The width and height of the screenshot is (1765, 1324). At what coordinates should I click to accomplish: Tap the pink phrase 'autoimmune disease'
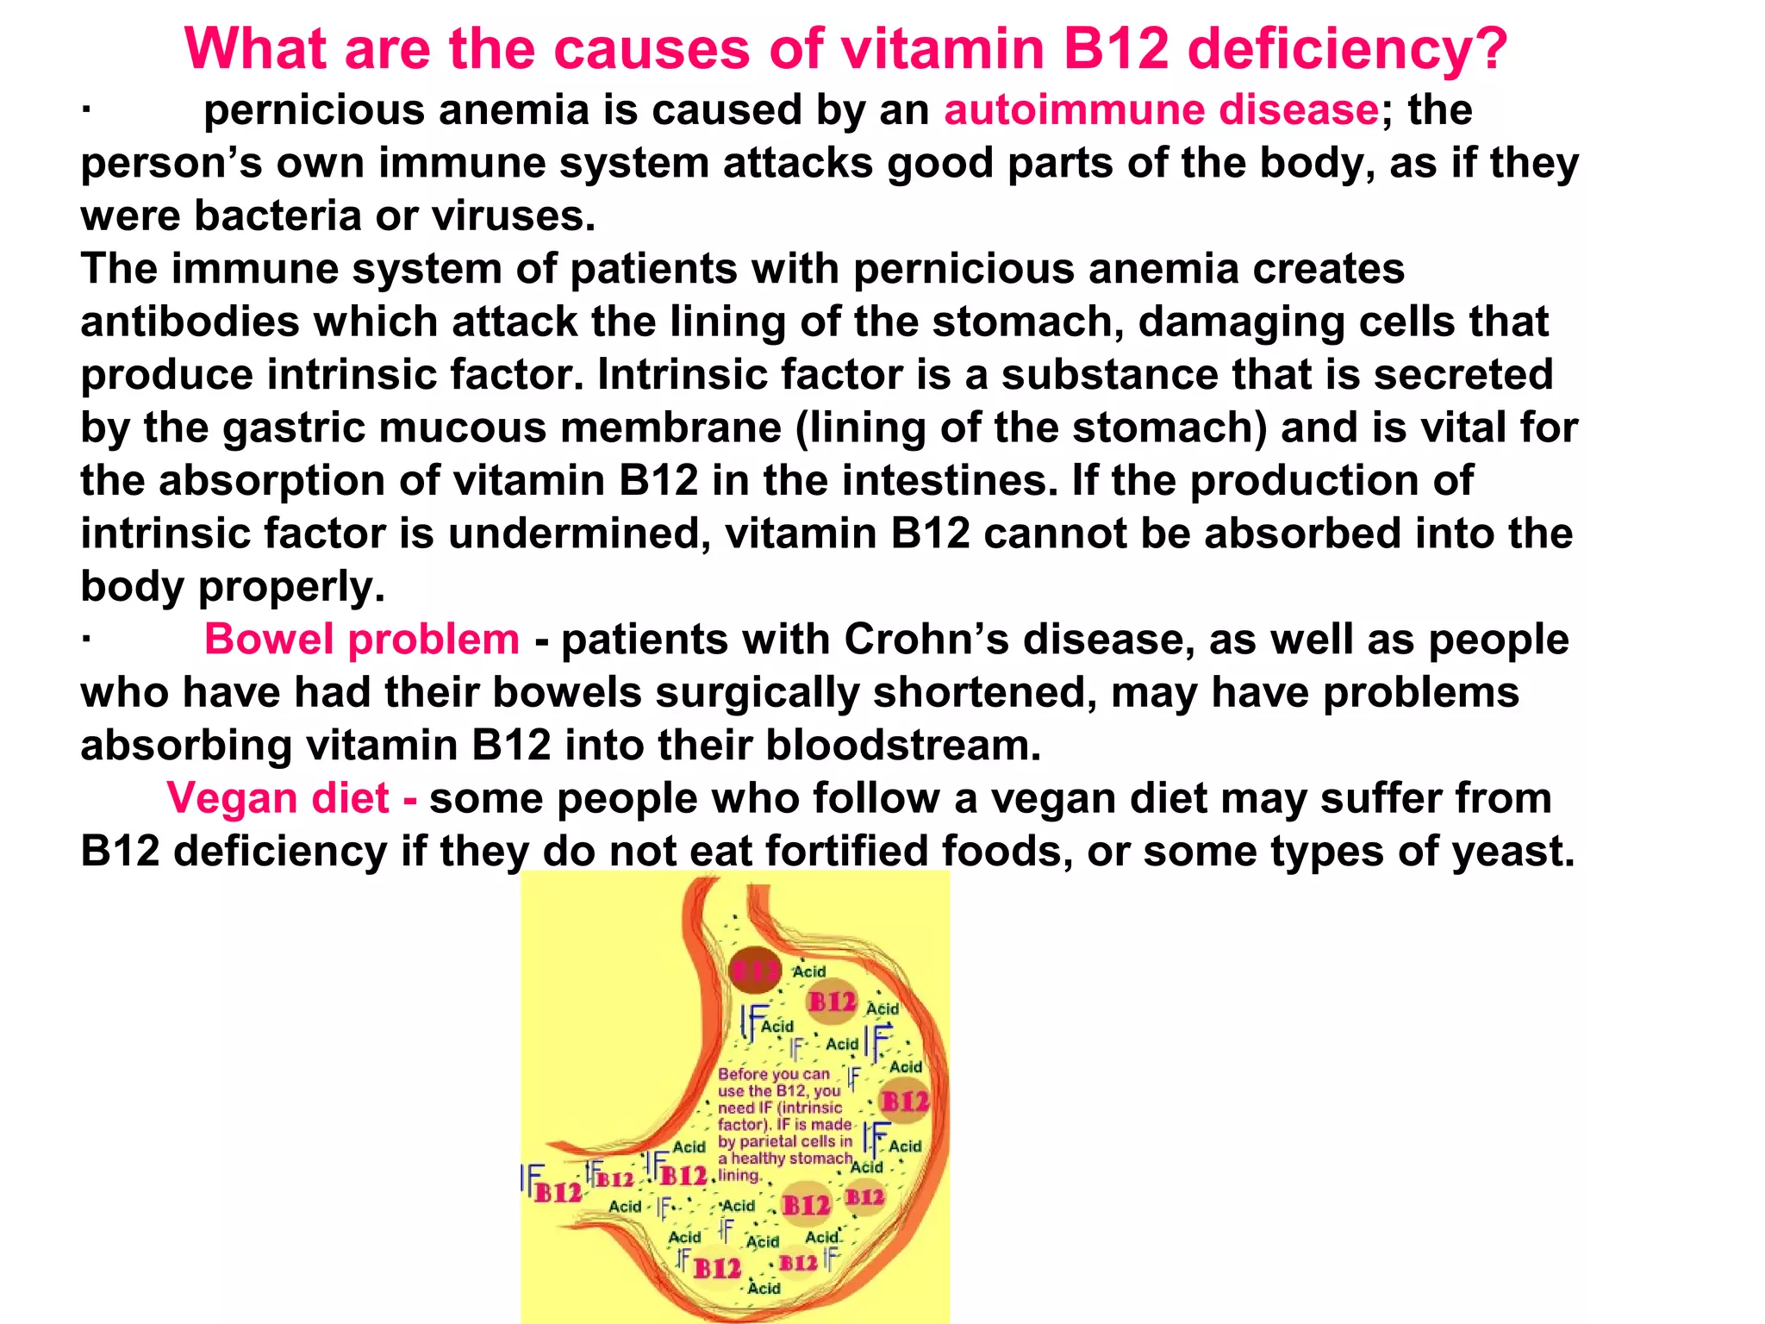coord(1162,110)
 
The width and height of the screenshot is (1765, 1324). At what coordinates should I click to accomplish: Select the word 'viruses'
coord(512,215)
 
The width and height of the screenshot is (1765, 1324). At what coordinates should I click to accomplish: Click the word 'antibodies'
coord(190,322)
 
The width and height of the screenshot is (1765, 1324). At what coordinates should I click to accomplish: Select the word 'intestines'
coord(949,481)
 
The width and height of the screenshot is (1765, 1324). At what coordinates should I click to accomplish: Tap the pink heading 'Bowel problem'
coord(362,640)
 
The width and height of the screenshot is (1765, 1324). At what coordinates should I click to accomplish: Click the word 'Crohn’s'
coord(926,640)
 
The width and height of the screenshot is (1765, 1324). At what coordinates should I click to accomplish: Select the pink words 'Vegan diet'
coord(278,798)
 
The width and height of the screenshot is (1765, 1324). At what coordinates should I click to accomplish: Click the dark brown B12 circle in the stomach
coord(755,971)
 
